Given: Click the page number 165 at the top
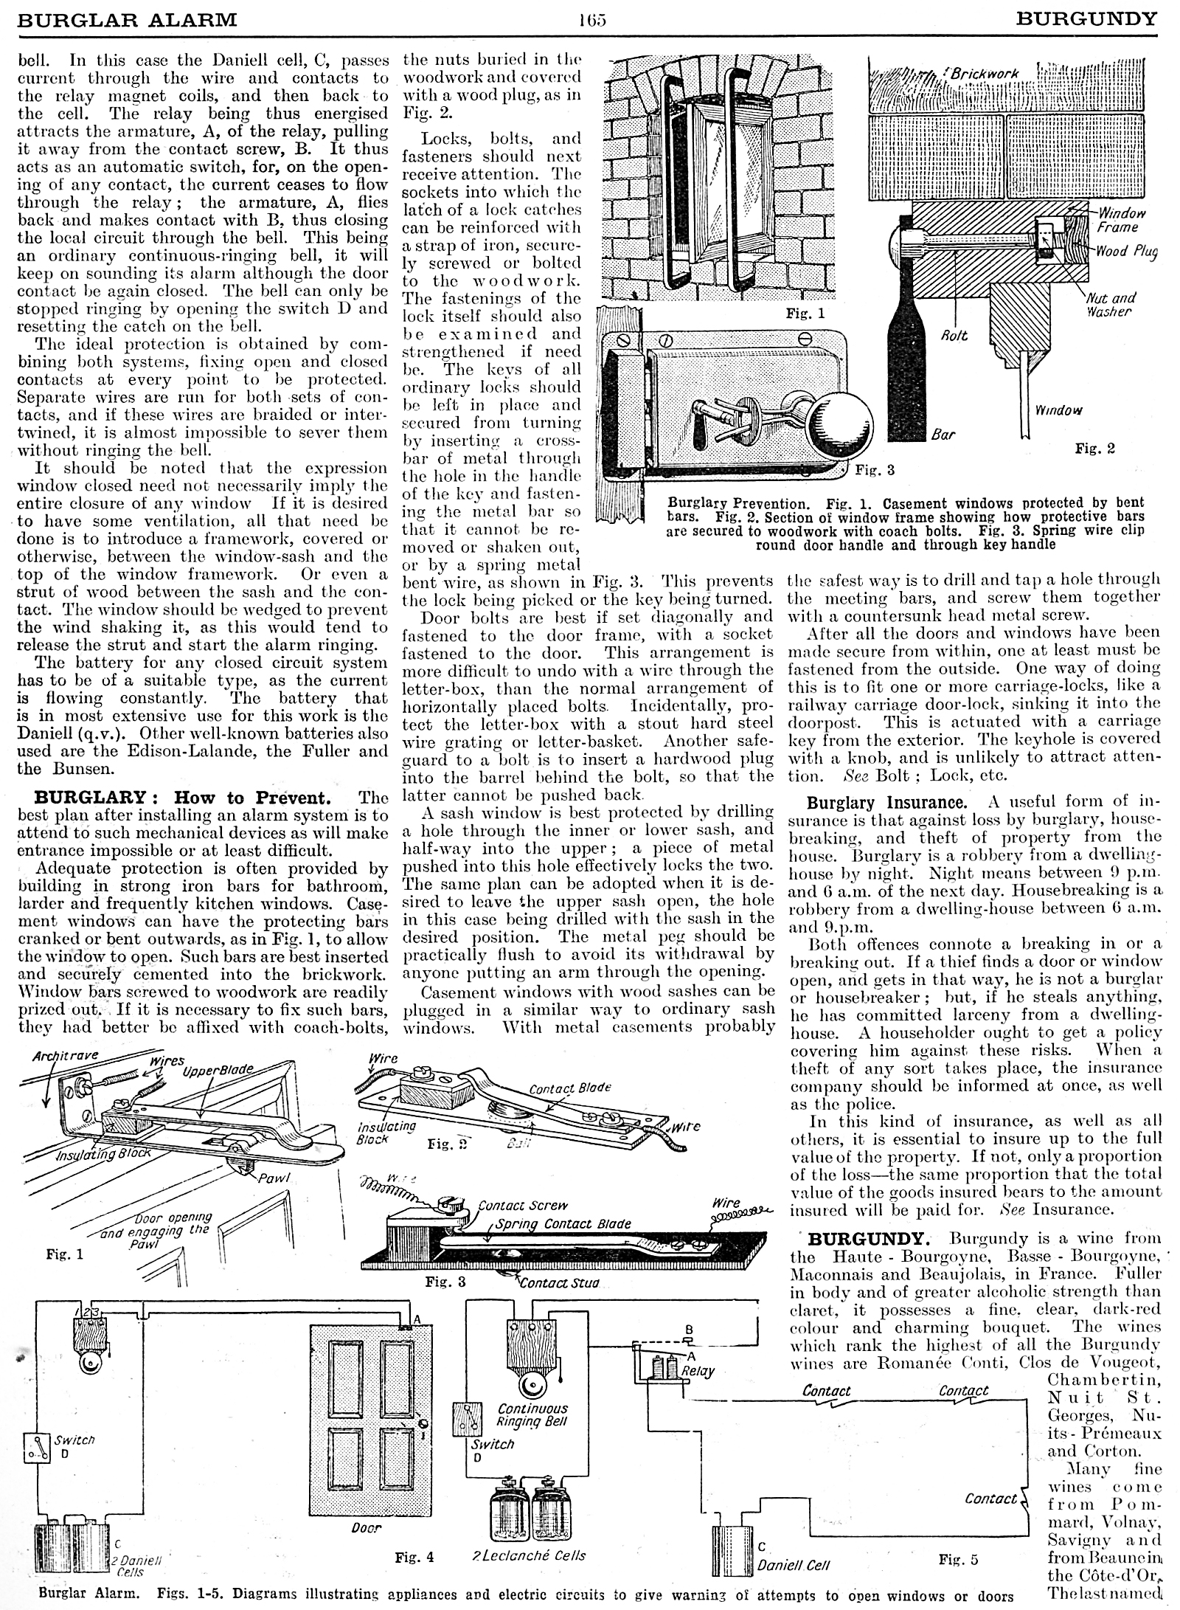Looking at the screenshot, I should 591,19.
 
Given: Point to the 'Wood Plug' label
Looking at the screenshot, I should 1125,251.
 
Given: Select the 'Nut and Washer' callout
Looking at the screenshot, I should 1109,304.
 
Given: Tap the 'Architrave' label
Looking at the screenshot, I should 66,1057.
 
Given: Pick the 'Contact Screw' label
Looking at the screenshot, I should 523,1206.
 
